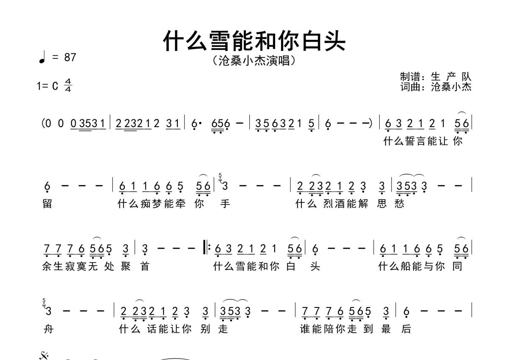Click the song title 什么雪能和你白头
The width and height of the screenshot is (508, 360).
[254, 41]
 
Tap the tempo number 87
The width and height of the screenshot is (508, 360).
[70, 57]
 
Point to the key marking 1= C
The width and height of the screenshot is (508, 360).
[47, 86]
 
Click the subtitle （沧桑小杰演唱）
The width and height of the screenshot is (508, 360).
[254, 61]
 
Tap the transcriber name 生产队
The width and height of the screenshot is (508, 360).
[451, 77]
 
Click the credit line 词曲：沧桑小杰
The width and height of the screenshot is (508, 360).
[436, 87]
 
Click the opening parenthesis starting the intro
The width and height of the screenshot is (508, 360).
[43, 124]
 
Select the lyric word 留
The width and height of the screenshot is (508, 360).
[47, 204]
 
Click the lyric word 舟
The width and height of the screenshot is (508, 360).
[48, 329]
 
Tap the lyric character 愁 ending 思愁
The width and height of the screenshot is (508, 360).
[400, 204]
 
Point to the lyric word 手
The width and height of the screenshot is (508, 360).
[225, 204]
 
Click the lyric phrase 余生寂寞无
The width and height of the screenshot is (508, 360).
[70, 266]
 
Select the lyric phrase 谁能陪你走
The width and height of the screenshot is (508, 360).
[329, 329]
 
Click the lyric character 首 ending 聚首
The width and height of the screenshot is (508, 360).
[145, 266]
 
